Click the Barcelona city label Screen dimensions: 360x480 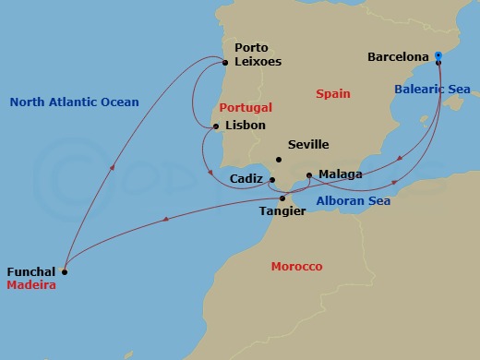[x=398, y=57]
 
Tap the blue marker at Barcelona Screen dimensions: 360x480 [x=438, y=56]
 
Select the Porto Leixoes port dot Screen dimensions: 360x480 [x=225, y=63]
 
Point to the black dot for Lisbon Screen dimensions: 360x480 [x=215, y=126]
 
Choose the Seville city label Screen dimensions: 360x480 [x=308, y=145]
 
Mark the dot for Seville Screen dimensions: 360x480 [x=278, y=160]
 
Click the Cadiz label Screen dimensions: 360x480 [x=248, y=180]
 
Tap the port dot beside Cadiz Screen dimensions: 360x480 [x=272, y=180]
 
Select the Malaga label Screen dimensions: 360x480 [x=340, y=174]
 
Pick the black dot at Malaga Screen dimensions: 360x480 [x=308, y=174]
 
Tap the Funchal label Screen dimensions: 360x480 [x=30, y=272]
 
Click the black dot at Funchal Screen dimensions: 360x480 [x=64, y=271]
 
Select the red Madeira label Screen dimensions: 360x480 [x=31, y=286]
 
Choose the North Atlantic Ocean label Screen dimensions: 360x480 [x=74, y=102]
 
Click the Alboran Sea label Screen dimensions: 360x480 [x=353, y=201]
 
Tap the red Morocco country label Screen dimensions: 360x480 [x=296, y=267]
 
